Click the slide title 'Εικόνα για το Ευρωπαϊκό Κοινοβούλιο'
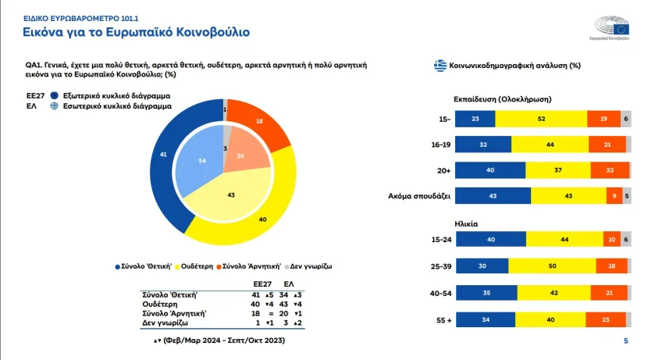(x=136, y=32)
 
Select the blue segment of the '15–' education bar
(x=475, y=118)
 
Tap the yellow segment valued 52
(x=541, y=118)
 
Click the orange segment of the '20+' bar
(x=606, y=170)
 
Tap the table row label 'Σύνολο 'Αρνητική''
(x=173, y=312)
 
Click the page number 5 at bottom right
(x=625, y=341)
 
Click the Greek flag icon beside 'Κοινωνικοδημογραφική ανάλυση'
(x=440, y=66)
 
